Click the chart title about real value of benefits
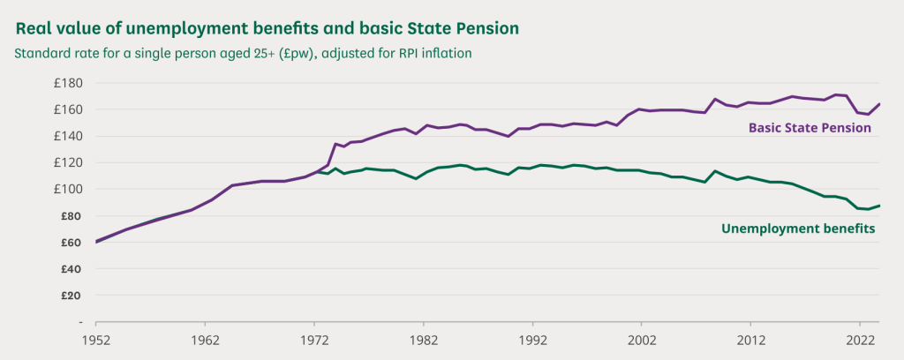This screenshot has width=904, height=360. coord(267,27)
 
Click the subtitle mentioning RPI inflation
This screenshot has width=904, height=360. coord(243,53)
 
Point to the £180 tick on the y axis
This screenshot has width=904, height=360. coord(67,83)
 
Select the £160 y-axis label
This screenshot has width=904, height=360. coord(67,109)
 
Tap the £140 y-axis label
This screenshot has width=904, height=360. coord(67,136)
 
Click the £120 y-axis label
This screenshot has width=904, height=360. coord(67,162)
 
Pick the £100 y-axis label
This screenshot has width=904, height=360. coord(67,189)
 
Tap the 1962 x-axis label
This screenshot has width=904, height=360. coord(205,340)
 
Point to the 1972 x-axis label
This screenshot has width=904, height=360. coord(314,340)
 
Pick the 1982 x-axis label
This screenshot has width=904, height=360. coord(423,340)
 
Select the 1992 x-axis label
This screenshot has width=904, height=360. coord(532,340)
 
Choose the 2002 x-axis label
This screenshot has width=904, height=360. coord(642,340)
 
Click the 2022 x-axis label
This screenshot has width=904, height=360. coord(860,340)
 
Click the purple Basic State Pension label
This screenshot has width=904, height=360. coord(810,128)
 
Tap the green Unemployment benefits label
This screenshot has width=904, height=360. coord(797,229)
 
